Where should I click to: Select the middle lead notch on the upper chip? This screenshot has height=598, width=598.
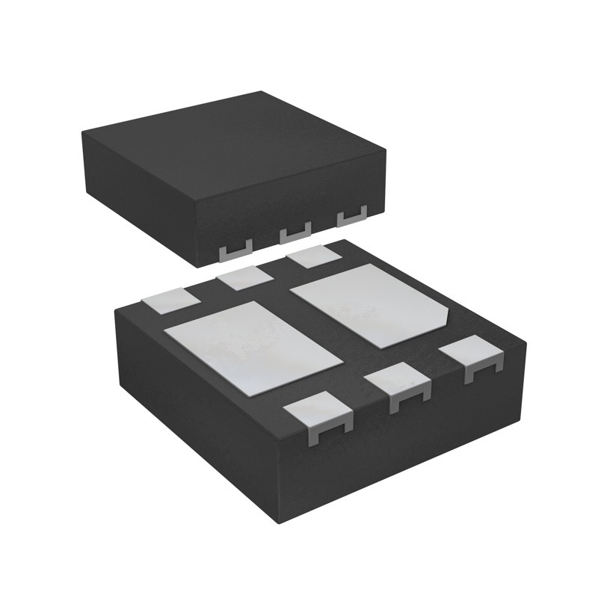coord(295,234)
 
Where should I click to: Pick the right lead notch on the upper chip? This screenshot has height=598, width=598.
coord(351,218)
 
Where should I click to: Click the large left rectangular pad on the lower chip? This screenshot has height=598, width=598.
coord(253,348)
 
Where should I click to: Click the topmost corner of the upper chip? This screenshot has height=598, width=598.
coord(260,91)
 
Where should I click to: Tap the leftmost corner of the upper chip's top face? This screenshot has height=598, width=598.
coord(82,132)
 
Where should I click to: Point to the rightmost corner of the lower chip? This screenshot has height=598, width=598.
coord(526,345)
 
